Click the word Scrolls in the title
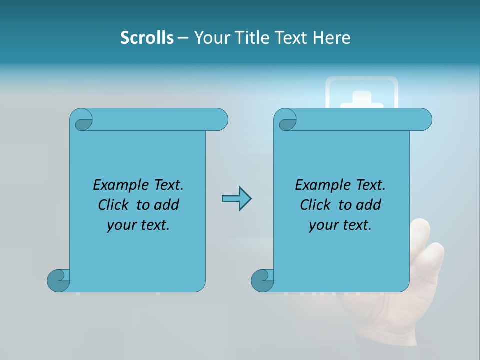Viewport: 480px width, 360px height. coord(147,38)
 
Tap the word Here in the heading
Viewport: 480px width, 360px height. coord(331,38)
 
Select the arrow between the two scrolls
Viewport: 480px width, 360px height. coord(236,199)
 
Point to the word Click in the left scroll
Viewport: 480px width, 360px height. coord(114,205)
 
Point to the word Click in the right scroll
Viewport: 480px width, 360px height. coord(315,205)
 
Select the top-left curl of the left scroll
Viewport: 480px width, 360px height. coord(82,120)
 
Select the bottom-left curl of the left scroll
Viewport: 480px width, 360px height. coord(58,280)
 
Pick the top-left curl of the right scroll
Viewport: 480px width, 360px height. coord(286,120)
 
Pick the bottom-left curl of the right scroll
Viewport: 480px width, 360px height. coord(262,280)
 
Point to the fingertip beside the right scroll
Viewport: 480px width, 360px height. coord(421,229)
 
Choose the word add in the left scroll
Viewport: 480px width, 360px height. coord(166,205)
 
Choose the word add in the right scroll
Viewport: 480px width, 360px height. coord(368,205)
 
